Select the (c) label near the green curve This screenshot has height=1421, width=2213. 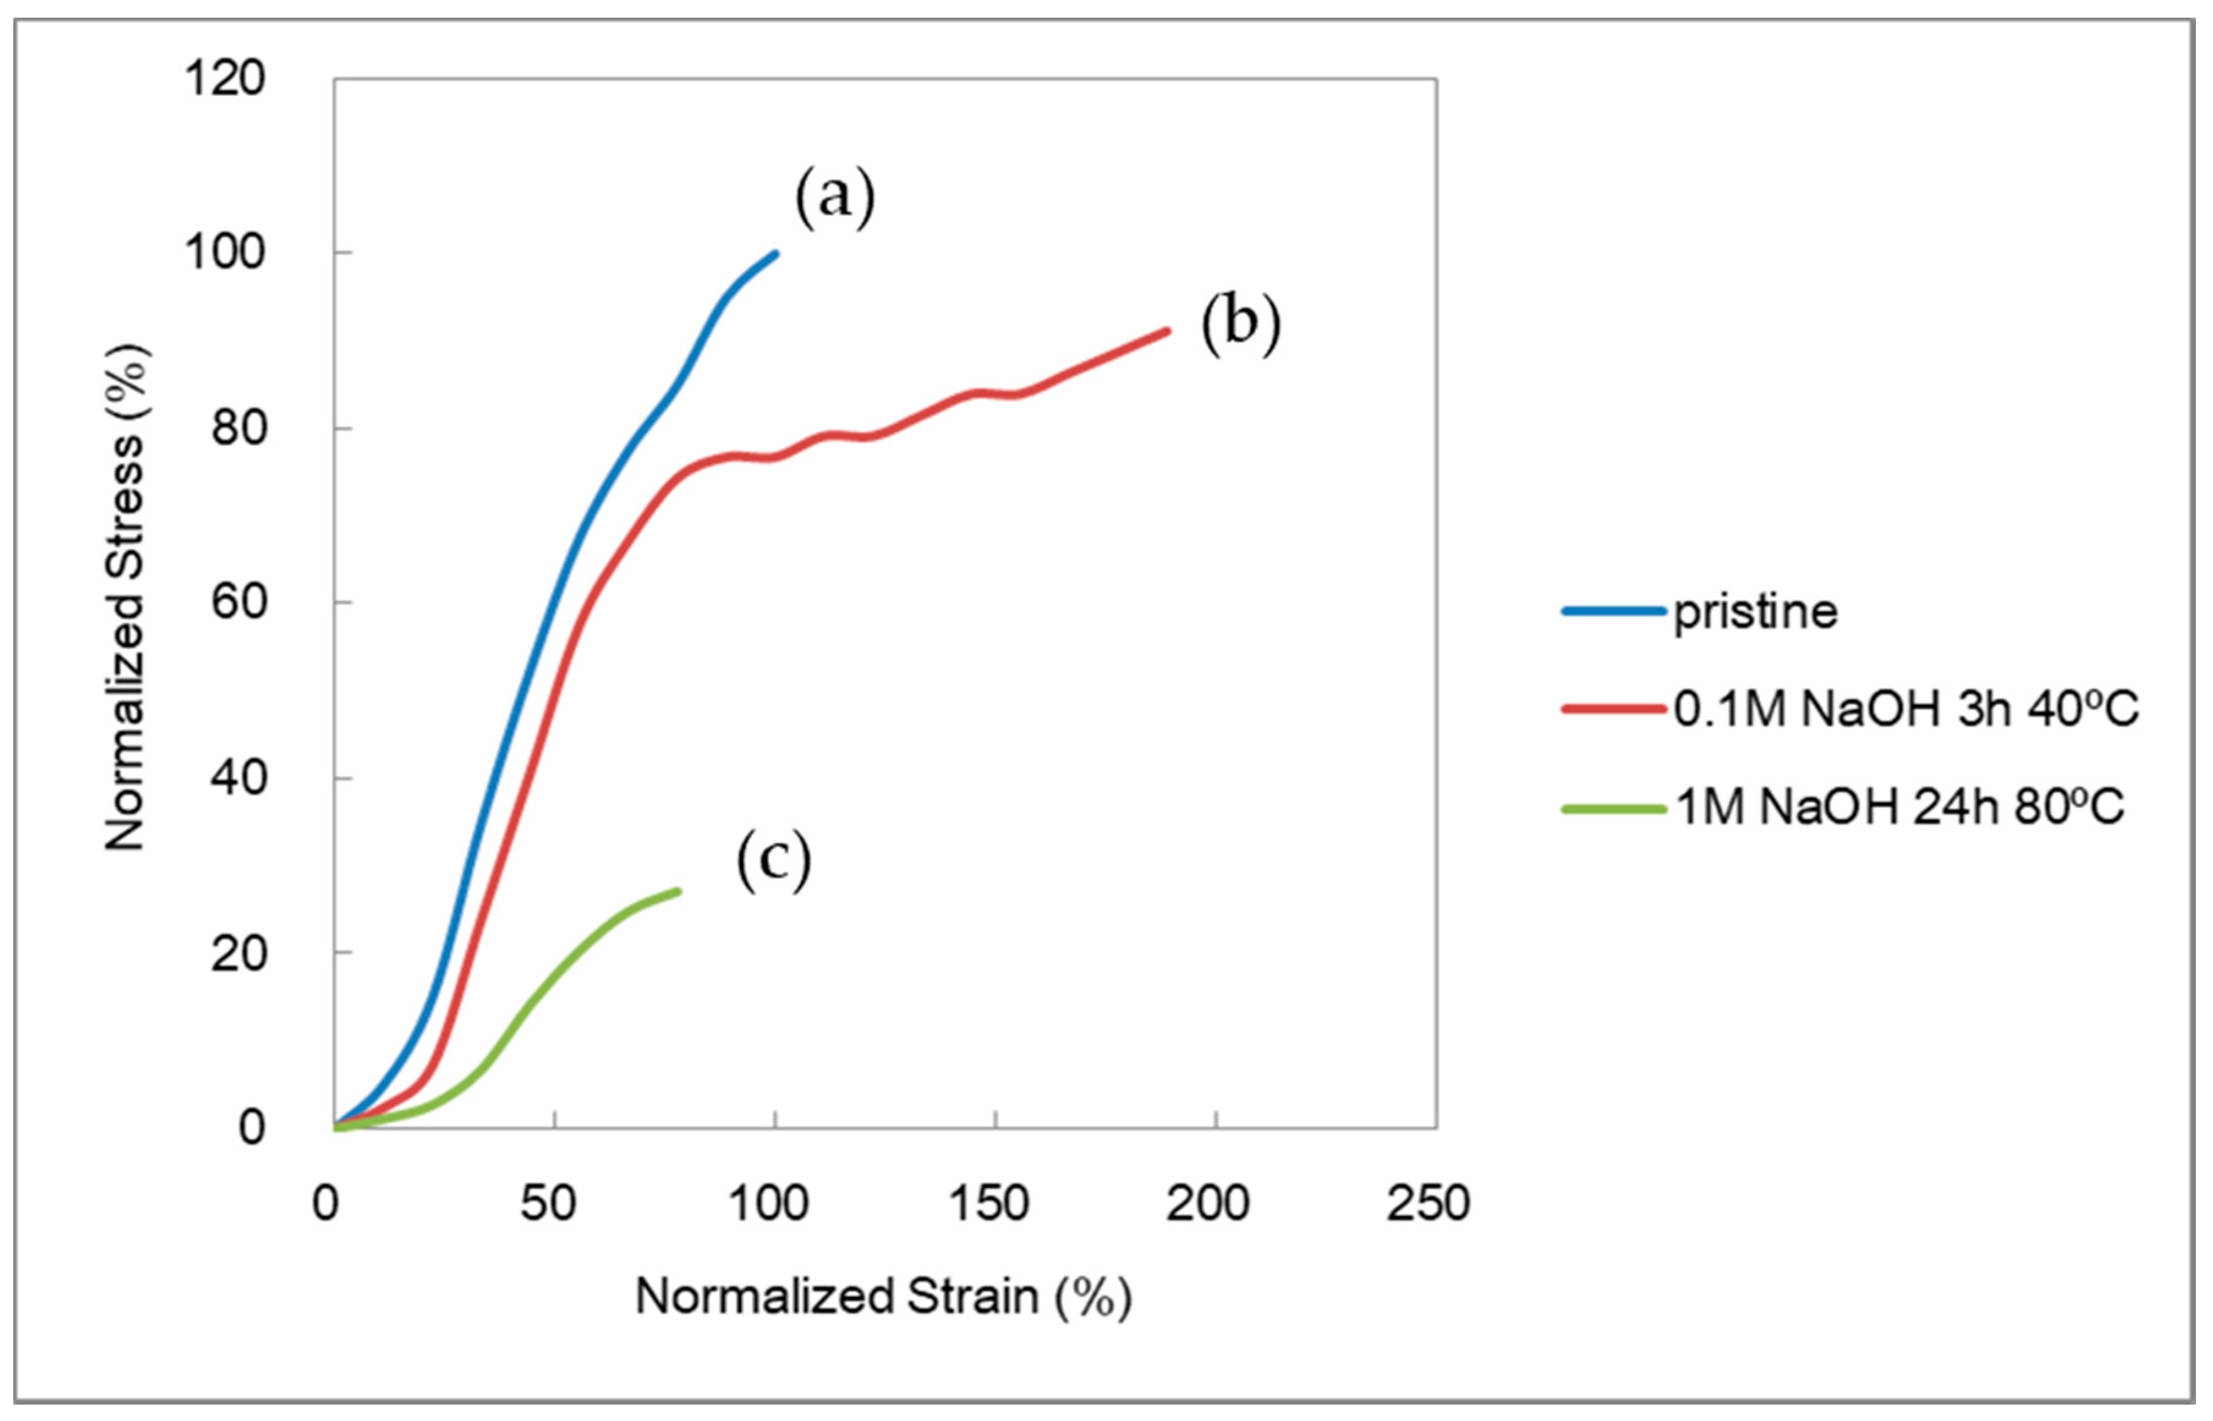click(x=774, y=860)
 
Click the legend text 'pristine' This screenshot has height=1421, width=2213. click(x=1755, y=613)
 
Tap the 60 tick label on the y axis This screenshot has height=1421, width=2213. click(x=237, y=602)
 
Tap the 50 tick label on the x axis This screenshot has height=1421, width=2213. click(x=548, y=1204)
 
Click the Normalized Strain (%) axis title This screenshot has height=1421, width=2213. click(x=883, y=1296)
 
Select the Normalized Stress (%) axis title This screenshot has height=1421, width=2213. click(x=125, y=598)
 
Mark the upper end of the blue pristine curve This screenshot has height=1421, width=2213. click(x=775, y=253)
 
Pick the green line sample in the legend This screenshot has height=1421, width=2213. click(x=1613, y=809)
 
